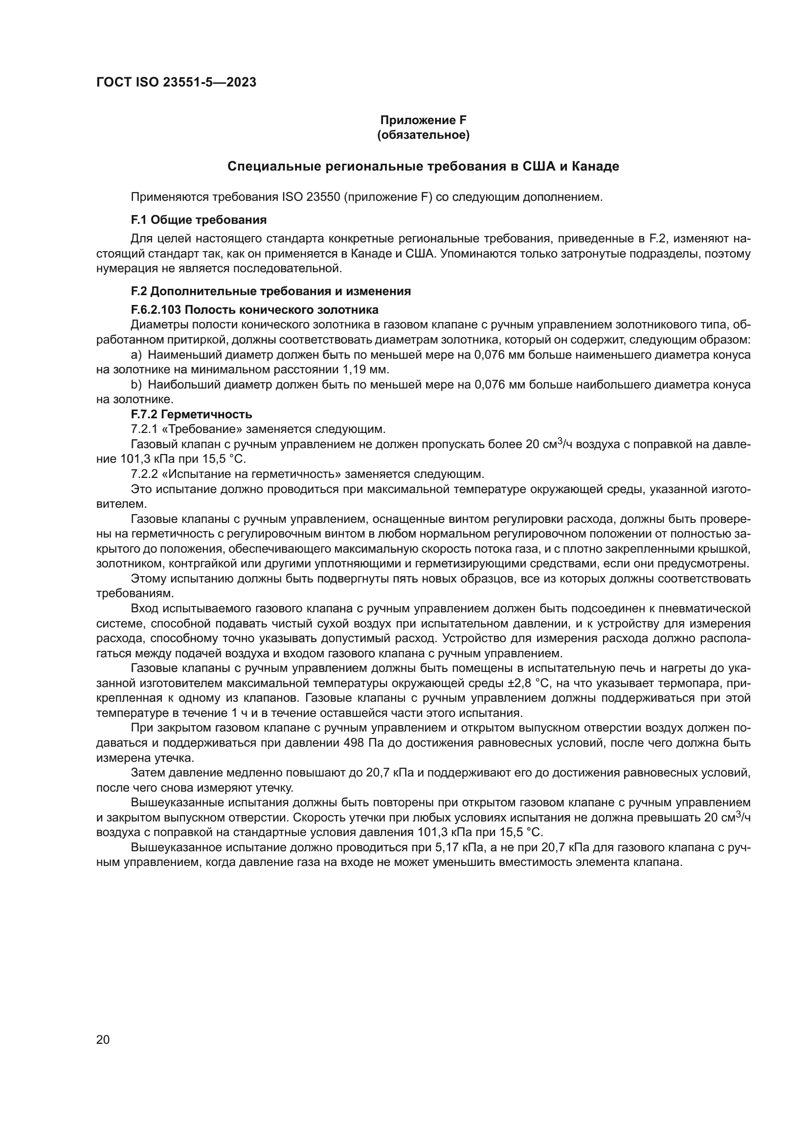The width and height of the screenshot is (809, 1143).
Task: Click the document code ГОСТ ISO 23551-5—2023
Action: click(x=176, y=82)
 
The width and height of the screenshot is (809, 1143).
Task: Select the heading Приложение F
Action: click(x=423, y=120)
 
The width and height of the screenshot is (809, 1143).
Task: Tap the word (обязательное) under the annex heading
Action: click(x=423, y=135)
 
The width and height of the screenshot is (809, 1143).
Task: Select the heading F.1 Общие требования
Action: click(x=198, y=220)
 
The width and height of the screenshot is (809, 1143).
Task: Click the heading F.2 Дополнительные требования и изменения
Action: click(x=270, y=291)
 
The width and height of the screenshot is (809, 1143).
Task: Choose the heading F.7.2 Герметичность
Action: click(x=191, y=414)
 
